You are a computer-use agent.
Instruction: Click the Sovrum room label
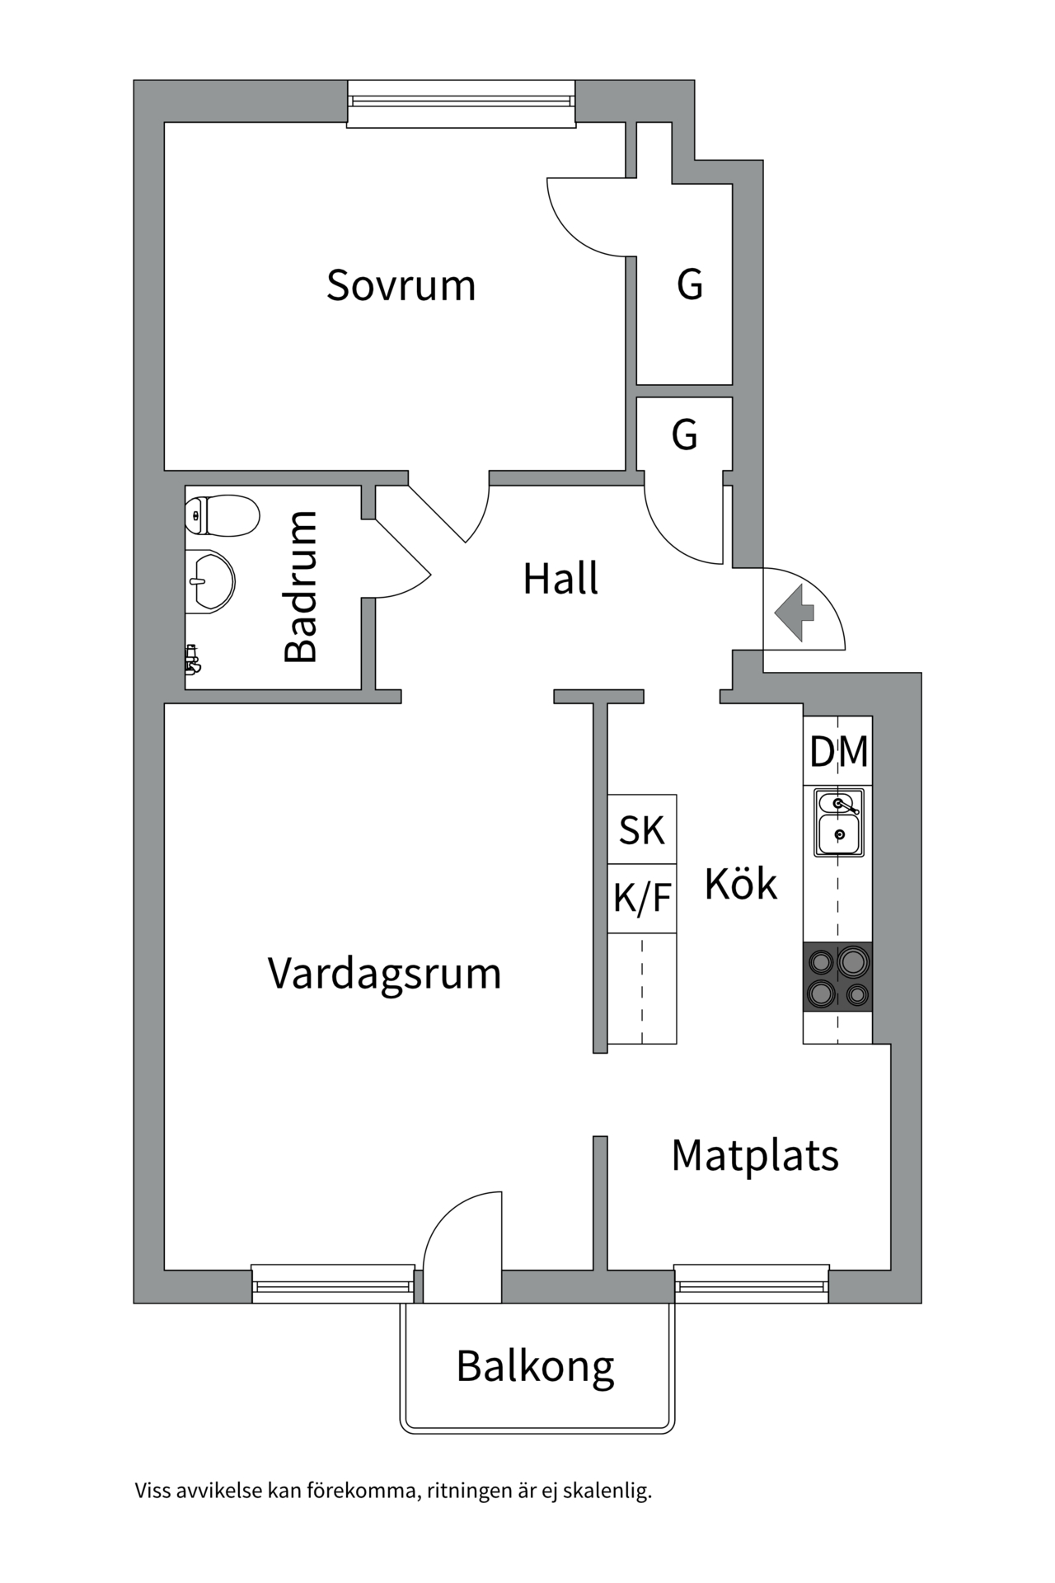coord(401,285)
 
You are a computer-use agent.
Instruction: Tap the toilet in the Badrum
coord(223,515)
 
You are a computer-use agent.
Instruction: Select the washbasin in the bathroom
coord(212,581)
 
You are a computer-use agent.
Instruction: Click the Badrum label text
coord(301,586)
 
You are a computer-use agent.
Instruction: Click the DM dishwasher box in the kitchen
coord(838,751)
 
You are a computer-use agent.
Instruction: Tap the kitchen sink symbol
coord(839,823)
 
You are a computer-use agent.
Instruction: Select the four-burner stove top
coord(838,977)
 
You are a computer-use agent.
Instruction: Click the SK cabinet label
coord(642,829)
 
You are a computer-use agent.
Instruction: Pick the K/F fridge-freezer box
coord(642,898)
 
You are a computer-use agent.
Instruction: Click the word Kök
coord(740,885)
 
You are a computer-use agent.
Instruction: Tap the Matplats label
coord(755,1155)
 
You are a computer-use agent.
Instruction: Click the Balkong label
coord(535,1366)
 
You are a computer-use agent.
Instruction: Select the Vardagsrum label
coord(384,974)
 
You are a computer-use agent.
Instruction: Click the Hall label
coord(560,579)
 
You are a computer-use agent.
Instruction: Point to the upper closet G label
coord(690,284)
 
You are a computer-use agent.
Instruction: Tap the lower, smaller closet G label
coord(684,435)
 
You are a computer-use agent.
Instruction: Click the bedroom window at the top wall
coord(461,101)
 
